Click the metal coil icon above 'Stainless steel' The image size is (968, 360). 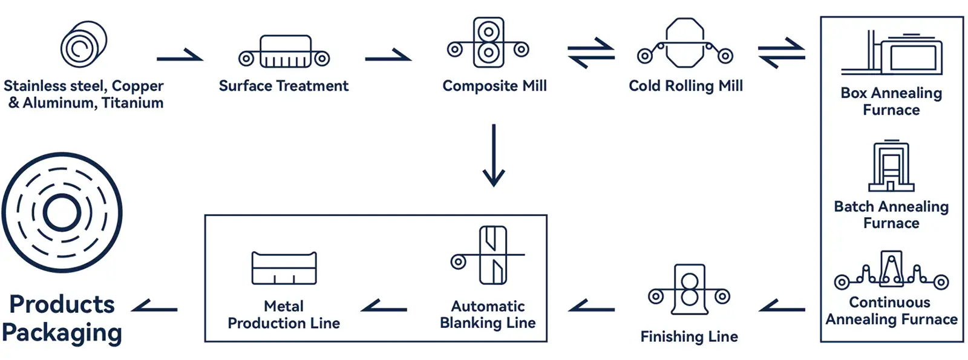(x=83, y=45)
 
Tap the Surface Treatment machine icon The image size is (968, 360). (x=284, y=52)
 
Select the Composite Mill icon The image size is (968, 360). (x=488, y=43)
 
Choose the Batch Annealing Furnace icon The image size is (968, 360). (x=891, y=166)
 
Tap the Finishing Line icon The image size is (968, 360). (x=689, y=290)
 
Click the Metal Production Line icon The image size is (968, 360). (x=284, y=269)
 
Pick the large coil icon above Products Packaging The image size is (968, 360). (x=62, y=213)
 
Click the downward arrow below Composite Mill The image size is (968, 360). (x=494, y=155)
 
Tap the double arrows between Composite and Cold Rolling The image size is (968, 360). (x=591, y=53)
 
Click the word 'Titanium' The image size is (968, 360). (x=132, y=103)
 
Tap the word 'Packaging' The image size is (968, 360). (x=62, y=333)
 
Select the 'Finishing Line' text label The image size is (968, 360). (x=689, y=336)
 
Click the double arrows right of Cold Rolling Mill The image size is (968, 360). (x=781, y=53)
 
